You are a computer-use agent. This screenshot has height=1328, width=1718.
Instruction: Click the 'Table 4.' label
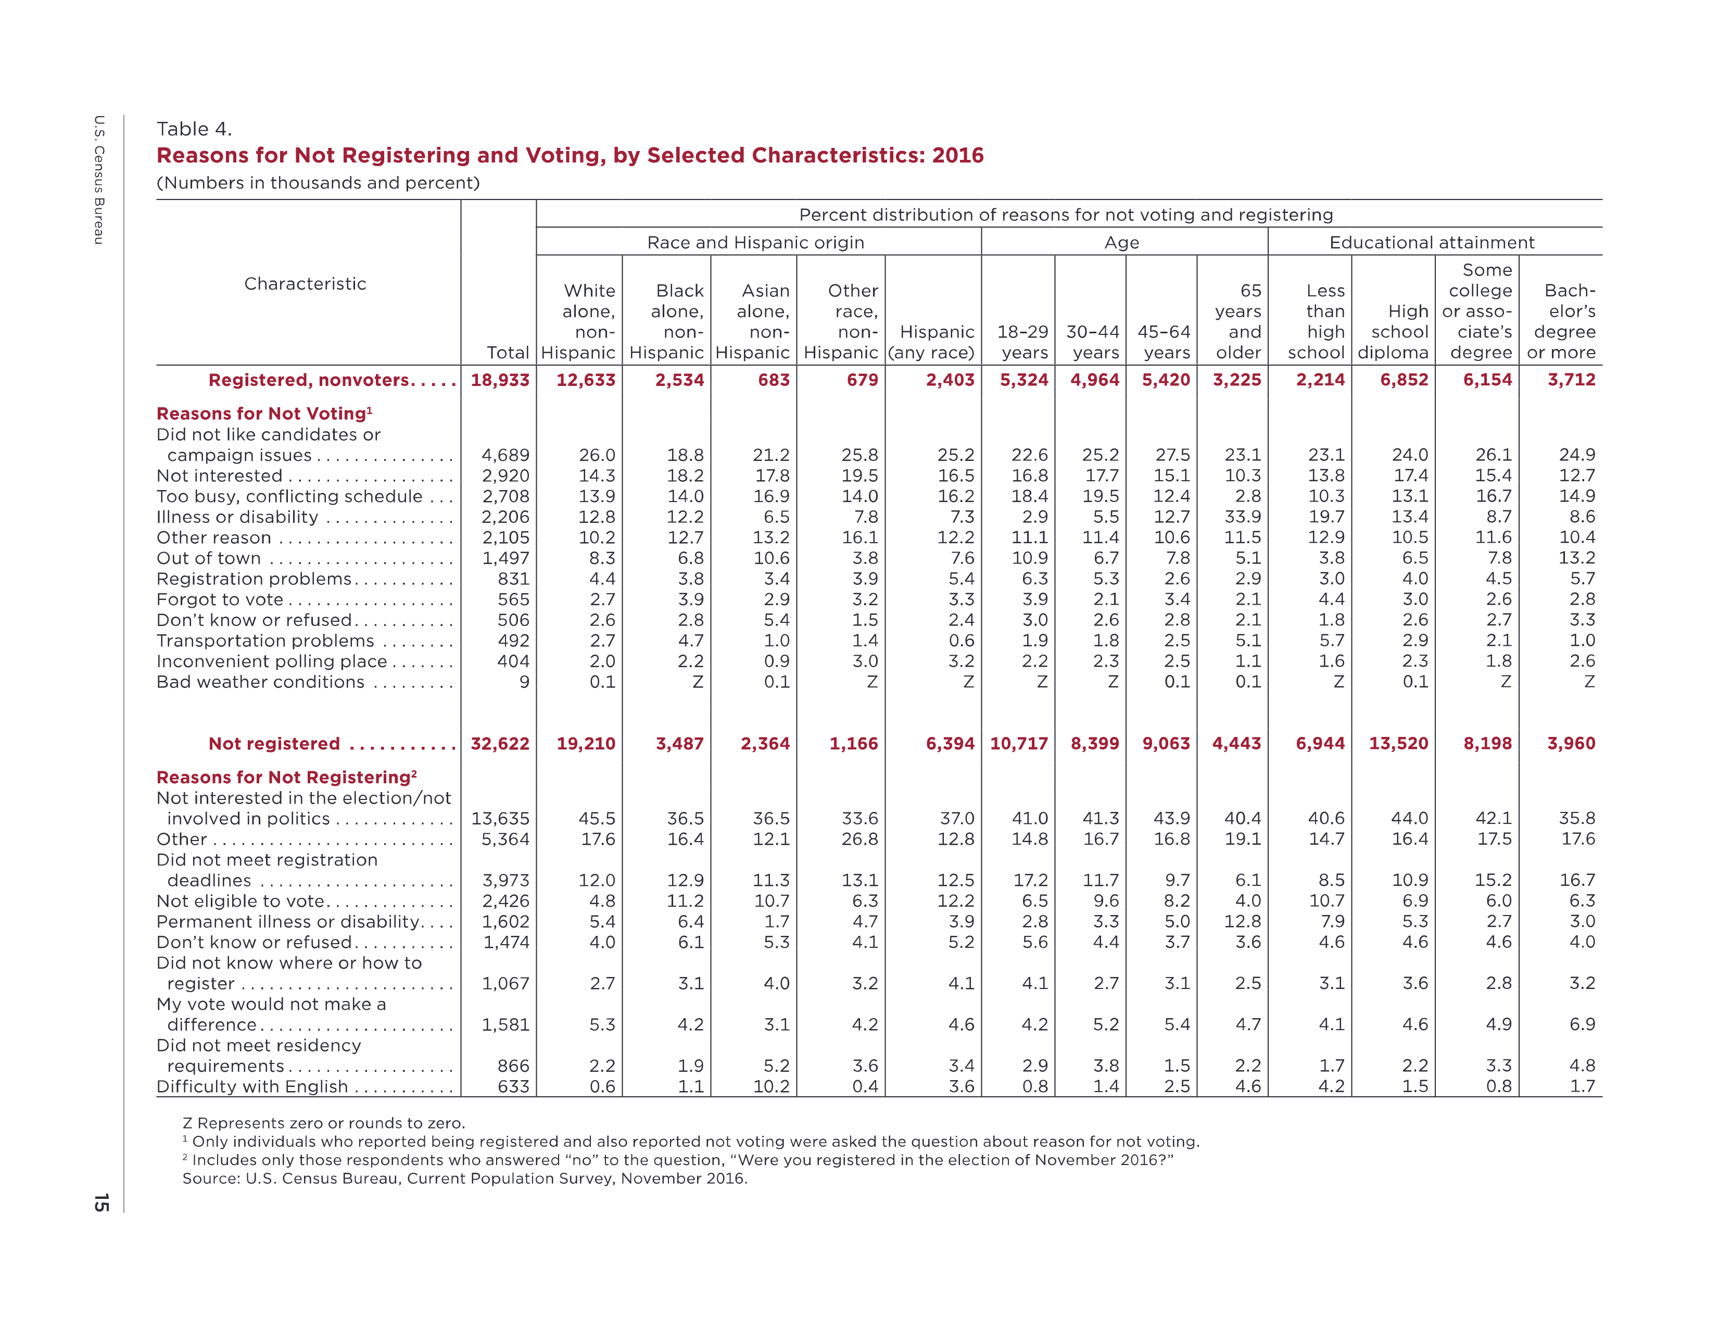(194, 129)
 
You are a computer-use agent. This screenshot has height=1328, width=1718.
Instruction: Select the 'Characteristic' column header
(305, 283)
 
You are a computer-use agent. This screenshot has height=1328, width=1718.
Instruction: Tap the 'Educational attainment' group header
(1432, 242)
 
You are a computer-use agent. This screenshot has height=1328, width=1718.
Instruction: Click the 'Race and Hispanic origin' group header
(756, 242)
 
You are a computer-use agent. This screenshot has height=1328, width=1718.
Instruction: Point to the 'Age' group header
(1122, 242)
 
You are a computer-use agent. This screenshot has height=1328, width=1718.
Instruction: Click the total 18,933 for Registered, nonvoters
(500, 380)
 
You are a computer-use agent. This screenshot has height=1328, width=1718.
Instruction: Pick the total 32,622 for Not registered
(500, 744)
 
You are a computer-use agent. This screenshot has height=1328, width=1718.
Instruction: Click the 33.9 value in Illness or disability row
(1243, 517)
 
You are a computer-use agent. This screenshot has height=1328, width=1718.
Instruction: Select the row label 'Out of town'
(208, 558)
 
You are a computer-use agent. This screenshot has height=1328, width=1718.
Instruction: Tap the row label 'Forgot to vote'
(220, 599)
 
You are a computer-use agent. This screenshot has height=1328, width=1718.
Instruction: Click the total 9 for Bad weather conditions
(525, 682)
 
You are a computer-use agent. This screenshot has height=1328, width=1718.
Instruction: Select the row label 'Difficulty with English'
(252, 1086)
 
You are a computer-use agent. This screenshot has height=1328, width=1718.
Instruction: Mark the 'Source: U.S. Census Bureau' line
(465, 1179)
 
